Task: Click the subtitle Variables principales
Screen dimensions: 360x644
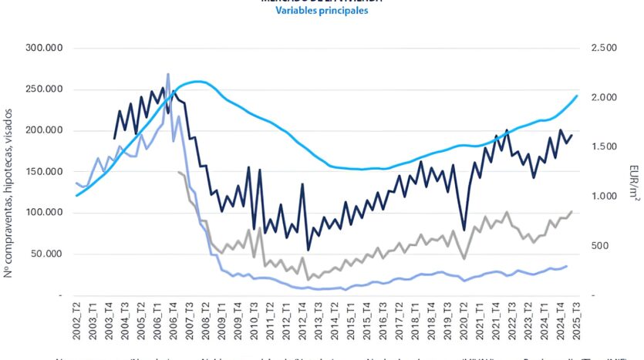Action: [x=322, y=12]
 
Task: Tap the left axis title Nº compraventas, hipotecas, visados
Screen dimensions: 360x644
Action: [x=9, y=171]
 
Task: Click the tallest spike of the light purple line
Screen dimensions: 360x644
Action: [x=168, y=75]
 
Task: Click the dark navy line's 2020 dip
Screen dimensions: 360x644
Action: [x=464, y=229]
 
